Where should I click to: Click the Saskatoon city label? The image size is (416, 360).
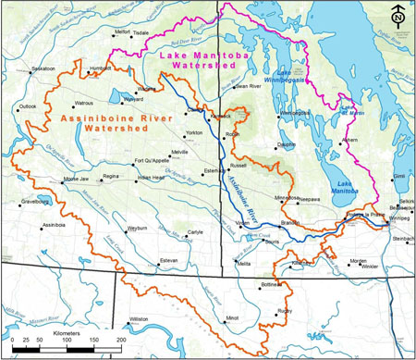[43, 68]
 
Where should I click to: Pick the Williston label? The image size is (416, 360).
[139, 317]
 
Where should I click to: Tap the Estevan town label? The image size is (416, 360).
[168, 261]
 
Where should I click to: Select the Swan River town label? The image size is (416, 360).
[249, 86]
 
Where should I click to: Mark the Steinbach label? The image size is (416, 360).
[403, 238]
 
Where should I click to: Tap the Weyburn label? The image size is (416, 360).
[138, 227]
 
